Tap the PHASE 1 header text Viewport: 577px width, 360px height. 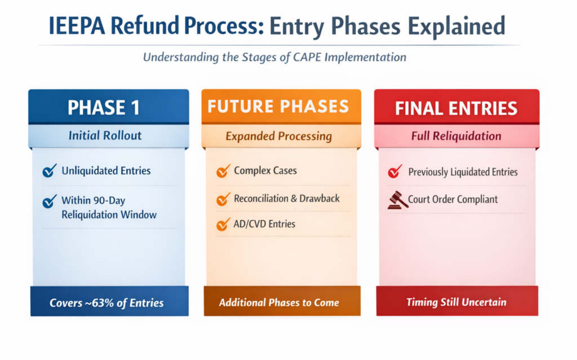[104, 108]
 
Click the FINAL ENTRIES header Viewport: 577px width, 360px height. [456, 108]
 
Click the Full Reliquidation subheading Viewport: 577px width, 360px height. [456, 136]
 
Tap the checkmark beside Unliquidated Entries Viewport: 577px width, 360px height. [49, 171]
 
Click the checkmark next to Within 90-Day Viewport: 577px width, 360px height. [50, 201]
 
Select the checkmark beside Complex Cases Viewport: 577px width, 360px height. [223, 171]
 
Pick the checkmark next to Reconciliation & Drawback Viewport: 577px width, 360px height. [223, 198]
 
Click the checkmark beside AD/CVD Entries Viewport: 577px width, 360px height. [223, 224]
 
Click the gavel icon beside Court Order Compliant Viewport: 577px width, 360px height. [397, 199]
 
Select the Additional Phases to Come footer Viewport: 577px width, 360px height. [279, 303]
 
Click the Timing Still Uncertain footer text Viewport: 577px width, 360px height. [456, 302]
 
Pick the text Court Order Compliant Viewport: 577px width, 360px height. [453, 199]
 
